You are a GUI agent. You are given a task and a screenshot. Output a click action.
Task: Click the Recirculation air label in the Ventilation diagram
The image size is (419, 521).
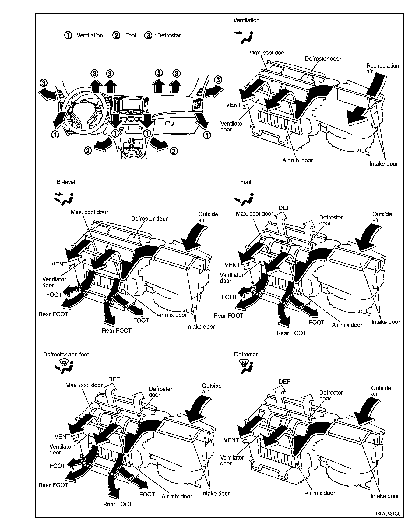(x=382, y=68)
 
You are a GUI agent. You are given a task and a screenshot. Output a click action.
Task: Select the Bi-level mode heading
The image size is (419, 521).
(x=65, y=182)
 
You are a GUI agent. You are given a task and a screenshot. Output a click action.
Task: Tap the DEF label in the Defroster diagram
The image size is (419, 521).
(x=284, y=382)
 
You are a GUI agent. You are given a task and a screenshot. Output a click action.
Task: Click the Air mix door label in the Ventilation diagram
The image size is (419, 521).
(x=298, y=160)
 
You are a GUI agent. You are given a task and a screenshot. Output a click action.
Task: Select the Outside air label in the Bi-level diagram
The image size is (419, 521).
(x=208, y=217)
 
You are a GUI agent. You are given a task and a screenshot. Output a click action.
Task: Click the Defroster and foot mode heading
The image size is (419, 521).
(x=66, y=355)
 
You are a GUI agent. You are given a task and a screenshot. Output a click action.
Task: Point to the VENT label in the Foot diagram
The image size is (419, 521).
(x=233, y=265)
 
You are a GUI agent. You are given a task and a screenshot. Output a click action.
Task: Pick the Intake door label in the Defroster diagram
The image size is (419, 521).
(x=385, y=496)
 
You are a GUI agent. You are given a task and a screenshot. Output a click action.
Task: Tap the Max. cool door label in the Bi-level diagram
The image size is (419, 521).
(x=90, y=212)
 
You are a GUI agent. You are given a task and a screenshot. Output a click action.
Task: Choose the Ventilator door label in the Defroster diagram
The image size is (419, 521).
(x=232, y=460)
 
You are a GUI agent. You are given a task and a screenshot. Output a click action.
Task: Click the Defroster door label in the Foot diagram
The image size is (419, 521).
(x=331, y=220)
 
